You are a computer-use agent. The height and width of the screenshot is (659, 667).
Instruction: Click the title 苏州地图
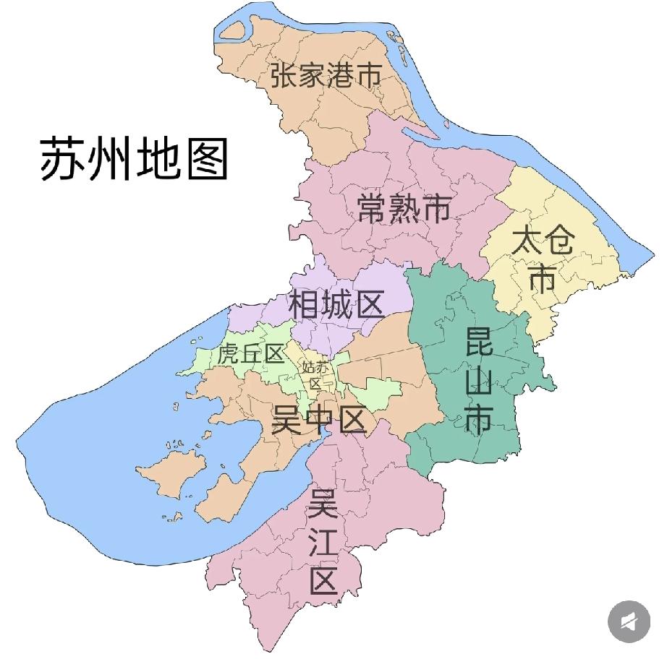(x=134, y=159)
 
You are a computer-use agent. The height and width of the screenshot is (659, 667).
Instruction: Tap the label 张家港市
(x=326, y=74)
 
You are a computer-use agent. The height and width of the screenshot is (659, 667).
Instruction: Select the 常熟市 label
(x=404, y=209)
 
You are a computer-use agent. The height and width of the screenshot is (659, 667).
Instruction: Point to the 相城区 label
(x=336, y=305)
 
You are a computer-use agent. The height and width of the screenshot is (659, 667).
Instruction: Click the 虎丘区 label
(x=250, y=355)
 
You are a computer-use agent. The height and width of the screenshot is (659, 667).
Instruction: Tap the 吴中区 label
(x=319, y=419)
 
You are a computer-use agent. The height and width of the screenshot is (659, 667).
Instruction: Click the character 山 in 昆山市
(x=479, y=381)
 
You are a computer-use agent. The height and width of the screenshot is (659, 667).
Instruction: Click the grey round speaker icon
(x=629, y=621)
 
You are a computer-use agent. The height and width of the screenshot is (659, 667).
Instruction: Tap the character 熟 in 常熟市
(x=404, y=209)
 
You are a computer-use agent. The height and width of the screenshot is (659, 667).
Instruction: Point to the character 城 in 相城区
(x=336, y=305)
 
